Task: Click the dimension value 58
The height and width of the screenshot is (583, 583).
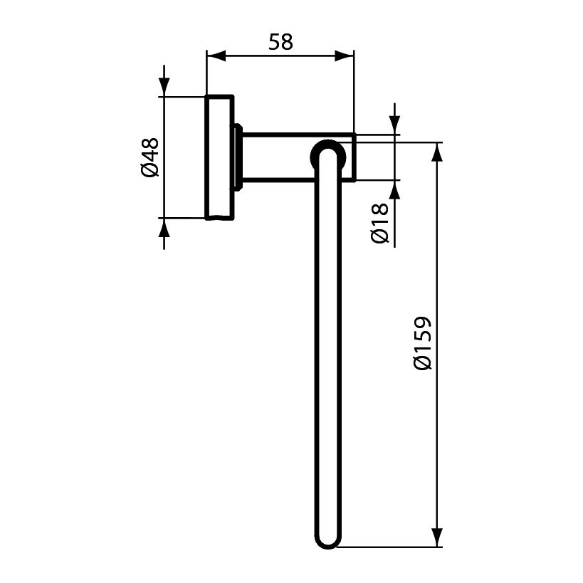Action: [280, 42]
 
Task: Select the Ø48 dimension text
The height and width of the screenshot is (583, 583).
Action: [149, 157]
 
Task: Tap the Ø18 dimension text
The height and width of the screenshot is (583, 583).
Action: [381, 223]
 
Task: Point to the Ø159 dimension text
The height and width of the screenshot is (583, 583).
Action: [423, 343]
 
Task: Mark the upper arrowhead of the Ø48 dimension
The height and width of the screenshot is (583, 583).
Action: [164, 86]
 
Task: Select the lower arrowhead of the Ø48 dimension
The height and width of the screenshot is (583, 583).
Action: [164, 228]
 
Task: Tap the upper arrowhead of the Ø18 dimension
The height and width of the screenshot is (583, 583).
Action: [394, 124]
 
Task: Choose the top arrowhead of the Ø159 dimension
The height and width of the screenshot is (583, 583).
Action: [437, 152]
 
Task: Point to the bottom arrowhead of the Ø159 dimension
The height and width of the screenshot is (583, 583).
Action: [437, 537]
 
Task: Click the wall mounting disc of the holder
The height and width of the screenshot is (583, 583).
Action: [219, 157]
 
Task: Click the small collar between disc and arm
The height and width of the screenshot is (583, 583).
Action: [238, 157]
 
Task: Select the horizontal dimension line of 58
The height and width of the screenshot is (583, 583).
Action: [280, 56]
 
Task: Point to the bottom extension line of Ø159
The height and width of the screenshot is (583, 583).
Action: [392, 548]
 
